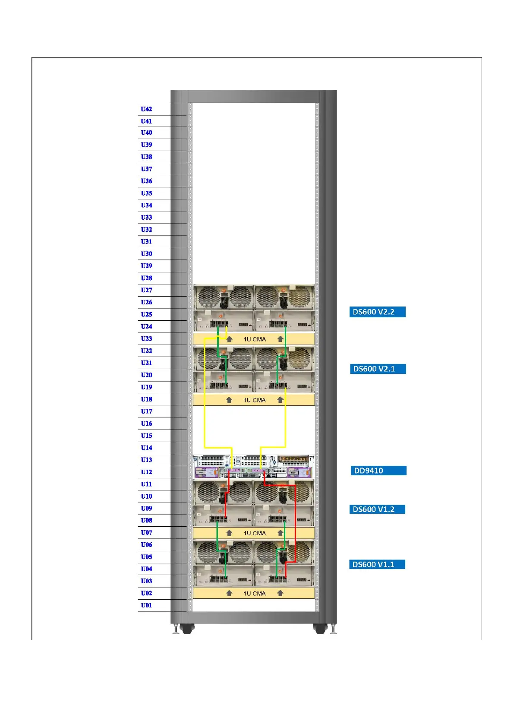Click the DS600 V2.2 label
(x=377, y=312)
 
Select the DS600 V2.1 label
(x=377, y=369)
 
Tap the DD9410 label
(x=378, y=471)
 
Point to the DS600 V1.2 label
(x=377, y=509)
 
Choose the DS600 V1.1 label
(x=377, y=565)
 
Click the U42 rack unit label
(x=146, y=109)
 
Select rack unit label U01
(x=146, y=605)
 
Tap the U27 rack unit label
(x=146, y=290)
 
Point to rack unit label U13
(x=146, y=460)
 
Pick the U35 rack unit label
(x=146, y=193)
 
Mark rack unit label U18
(x=146, y=399)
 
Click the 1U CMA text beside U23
(x=255, y=339)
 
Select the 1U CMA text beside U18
(x=255, y=400)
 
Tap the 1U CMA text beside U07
(x=255, y=533)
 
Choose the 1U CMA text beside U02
(x=255, y=594)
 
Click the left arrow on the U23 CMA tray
(x=230, y=339)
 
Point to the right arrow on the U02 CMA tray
(x=280, y=594)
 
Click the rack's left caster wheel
(x=186, y=629)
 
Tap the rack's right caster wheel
(x=320, y=629)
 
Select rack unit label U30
(x=146, y=254)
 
